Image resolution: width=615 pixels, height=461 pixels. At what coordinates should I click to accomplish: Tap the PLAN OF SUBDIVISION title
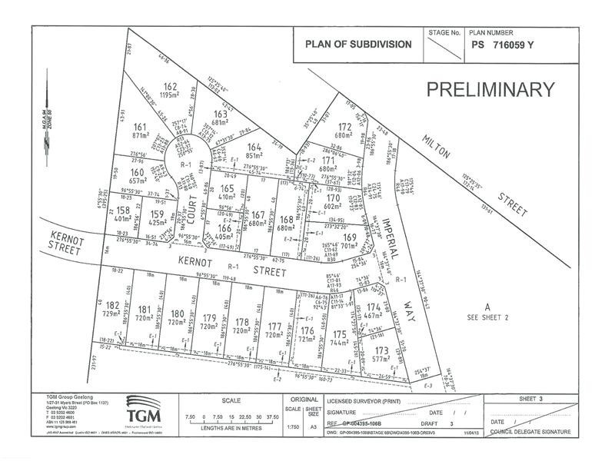tap(358, 45)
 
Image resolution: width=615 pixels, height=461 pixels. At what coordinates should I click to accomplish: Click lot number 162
tap(171, 86)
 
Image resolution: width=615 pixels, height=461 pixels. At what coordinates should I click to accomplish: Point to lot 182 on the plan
tap(111, 307)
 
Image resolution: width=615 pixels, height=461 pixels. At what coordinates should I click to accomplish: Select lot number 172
tap(345, 127)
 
